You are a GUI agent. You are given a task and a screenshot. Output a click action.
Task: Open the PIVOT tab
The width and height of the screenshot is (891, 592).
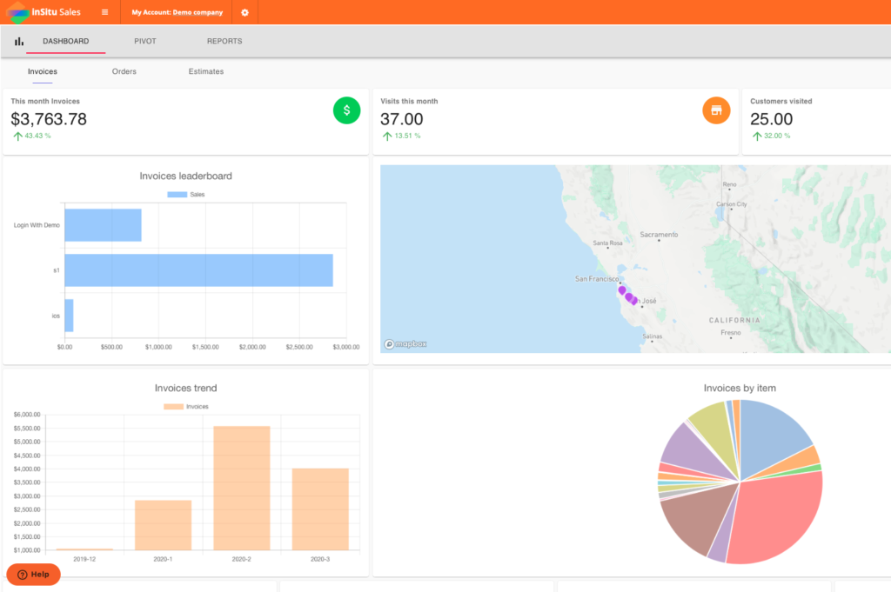click(x=145, y=41)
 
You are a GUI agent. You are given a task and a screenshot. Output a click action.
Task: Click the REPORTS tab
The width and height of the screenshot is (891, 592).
click(x=224, y=41)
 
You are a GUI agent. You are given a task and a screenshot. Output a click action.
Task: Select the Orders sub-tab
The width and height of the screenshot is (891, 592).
click(x=124, y=71)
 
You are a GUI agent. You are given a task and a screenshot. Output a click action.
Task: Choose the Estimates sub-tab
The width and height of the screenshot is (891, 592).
click(x=206, y=71)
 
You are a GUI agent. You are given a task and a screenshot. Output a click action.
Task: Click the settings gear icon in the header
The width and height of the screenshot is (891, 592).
click(x=245, y=12)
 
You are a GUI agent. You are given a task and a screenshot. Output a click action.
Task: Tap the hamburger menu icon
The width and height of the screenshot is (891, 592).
click(x=105, y=12)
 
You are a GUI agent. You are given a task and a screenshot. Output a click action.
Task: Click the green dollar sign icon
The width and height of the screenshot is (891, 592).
click(x=346, y=110)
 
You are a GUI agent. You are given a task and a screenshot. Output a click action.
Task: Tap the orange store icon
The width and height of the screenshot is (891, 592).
click(x=716, y=110)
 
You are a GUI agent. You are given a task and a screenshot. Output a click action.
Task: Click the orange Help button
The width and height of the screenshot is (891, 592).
click(x=34, y=575)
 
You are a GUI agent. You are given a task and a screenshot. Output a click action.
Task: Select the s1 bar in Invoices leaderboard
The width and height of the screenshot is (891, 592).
click(x=198, y=269)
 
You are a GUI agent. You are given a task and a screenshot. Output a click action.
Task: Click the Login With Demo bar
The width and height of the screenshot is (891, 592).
click(x=103, y=224)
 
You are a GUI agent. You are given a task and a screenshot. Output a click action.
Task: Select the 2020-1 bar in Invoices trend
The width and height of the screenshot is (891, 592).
click(x=163, y=524)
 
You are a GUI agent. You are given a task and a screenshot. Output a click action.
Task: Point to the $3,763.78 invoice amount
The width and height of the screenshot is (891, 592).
click(x=49, y=119)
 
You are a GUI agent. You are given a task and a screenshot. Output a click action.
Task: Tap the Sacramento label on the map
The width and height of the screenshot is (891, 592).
click(x=658, y=235)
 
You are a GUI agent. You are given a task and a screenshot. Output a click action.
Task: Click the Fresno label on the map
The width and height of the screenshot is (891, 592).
click(x=731, y=332)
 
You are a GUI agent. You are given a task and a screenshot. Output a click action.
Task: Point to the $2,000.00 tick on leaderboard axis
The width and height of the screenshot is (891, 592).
click(x=252, y=347)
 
